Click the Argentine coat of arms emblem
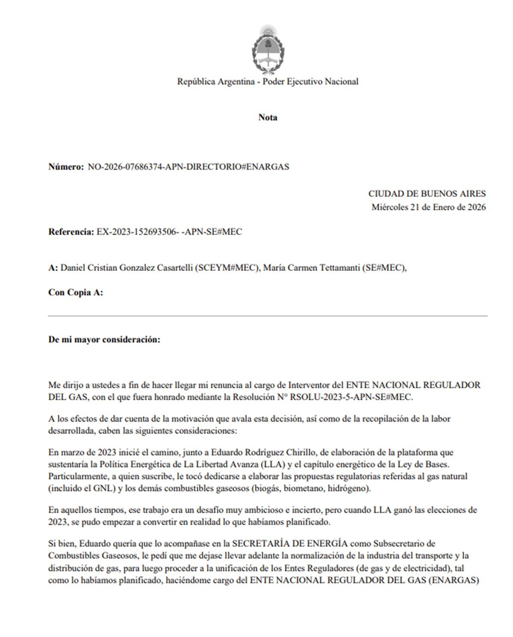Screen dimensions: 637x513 click(268, 50)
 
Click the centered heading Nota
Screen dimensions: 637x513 click(268, 117)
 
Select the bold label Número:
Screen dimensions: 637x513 click(66, 167)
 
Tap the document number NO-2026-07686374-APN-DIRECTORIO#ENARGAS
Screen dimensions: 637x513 click(189, 167)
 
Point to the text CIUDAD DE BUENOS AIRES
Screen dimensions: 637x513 click(427, 194)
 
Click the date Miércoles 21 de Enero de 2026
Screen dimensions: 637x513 click(428, 207)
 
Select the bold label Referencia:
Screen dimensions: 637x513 click(71, 232)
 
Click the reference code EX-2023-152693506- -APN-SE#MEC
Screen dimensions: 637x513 click(169, 232)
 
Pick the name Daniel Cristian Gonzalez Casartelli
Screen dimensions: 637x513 click(127, 268)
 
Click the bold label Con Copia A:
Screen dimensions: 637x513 click(76, 293)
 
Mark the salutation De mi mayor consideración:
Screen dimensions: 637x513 click(104, 340)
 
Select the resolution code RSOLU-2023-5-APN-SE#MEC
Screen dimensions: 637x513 click(351, 397)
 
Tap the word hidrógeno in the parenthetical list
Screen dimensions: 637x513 click(348, 488)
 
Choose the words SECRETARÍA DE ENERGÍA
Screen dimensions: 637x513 click(289, 544)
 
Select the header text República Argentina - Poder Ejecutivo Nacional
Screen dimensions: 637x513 click(268, 82)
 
